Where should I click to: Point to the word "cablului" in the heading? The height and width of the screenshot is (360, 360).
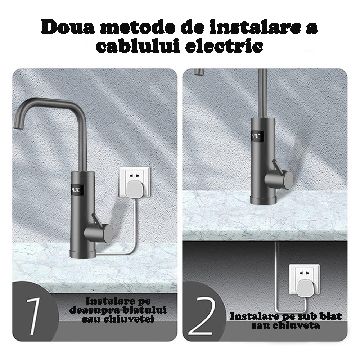[x=138, y=46]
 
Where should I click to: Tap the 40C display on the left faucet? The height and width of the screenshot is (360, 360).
[x=76, y=190]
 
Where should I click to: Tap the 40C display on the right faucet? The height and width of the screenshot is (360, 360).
[x=256, y=136]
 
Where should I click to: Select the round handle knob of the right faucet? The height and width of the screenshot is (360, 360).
[x=279, y=179]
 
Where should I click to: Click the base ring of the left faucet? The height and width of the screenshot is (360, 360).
[x=83, y=254]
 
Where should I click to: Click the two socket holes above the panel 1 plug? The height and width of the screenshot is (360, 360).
[x=134, y=176]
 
